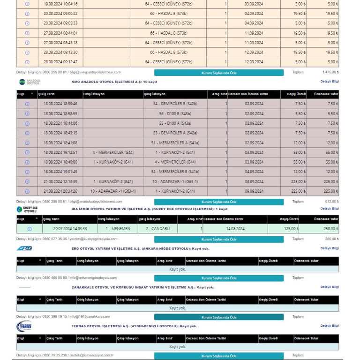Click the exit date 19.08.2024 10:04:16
[60, 4]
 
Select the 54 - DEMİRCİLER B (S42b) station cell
[175, 104]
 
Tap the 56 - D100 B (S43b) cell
[175, 113]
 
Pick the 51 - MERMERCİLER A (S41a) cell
[175, 142]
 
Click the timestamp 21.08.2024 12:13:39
[60, 181]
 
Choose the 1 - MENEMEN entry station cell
[118, 229]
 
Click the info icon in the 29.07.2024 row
[30, 229]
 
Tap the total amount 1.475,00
[330, 72]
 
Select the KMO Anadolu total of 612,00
[331, 202]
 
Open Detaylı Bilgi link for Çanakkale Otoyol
[330, 287]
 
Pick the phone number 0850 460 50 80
[55, 278]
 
